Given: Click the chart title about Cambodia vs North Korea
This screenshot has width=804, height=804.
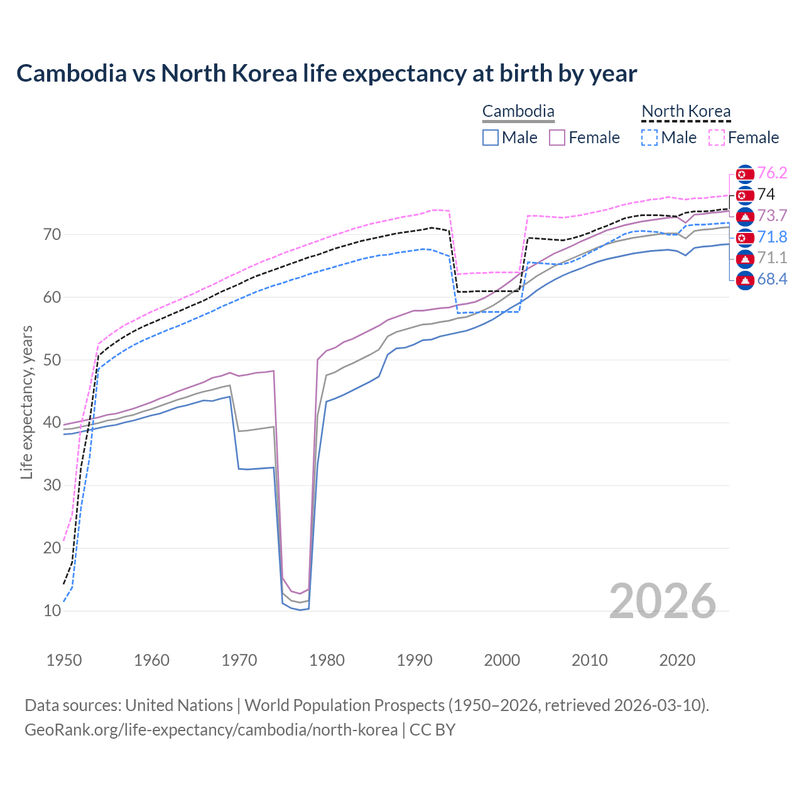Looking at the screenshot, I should click(327, 73).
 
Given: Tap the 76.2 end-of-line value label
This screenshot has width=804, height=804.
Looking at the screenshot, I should click(772, 173).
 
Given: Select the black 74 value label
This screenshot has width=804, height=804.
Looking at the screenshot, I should click(766, 195).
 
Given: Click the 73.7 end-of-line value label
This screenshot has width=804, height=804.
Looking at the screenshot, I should click(772, 216).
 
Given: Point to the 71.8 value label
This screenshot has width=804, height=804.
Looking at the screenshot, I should click(772, 237).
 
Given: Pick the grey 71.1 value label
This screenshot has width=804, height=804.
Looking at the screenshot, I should click(772, 258).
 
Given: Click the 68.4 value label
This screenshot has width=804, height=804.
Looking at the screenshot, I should click(772, 280).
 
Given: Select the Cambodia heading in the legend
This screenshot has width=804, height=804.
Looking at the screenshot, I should click(518, 112).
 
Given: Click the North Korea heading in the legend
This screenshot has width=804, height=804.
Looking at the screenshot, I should click(686, 112).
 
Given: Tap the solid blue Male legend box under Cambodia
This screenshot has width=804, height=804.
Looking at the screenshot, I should click(491, 138).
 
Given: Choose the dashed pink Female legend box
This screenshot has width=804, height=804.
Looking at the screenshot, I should click(717, 138).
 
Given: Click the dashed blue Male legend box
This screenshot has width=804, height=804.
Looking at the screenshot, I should click(649, 138).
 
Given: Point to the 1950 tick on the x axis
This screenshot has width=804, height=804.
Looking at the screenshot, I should click(64, 660).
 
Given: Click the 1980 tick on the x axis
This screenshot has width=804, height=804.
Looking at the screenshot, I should click(327, 660).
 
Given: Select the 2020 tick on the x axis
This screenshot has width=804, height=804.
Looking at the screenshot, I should click(677, 660).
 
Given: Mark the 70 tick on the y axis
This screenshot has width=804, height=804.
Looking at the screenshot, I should click(52, 235).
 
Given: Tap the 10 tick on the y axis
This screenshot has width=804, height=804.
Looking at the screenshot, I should click(52, 611).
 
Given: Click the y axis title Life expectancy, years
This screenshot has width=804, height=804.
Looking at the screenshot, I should click(26, 402).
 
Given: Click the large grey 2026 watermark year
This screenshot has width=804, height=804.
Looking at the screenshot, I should click(663, 601).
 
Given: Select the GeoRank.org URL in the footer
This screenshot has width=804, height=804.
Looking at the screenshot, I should click(211, 730).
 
